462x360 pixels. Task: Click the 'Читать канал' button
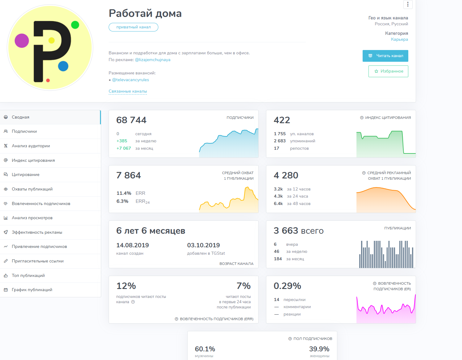coord(385,56)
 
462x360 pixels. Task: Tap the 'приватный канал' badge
coord(133,27)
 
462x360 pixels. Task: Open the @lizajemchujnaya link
coord(152,60)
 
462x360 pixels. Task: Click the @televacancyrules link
coord(130,80)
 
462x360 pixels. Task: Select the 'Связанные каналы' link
coord(128,91)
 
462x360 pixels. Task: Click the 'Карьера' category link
coord(399,40)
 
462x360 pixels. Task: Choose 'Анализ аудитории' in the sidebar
coord(31,146)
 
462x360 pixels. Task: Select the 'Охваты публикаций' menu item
coord(32,189)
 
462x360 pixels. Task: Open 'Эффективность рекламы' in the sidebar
coord(37,232)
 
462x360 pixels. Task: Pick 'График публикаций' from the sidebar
coord(32,290)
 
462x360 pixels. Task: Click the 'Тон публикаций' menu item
coord(28,276)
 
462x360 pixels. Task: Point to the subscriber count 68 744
coord(131,120)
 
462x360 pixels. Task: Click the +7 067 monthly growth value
coord(124,149)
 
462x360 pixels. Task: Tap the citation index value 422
coord(282,120)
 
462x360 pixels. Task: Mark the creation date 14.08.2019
coord(132,245)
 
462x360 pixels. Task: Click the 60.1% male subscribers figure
coord(205,349)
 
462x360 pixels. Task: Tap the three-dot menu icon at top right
coord(408,4)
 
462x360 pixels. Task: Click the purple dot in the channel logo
coord(22,41)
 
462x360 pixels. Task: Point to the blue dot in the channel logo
coord(63,66)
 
